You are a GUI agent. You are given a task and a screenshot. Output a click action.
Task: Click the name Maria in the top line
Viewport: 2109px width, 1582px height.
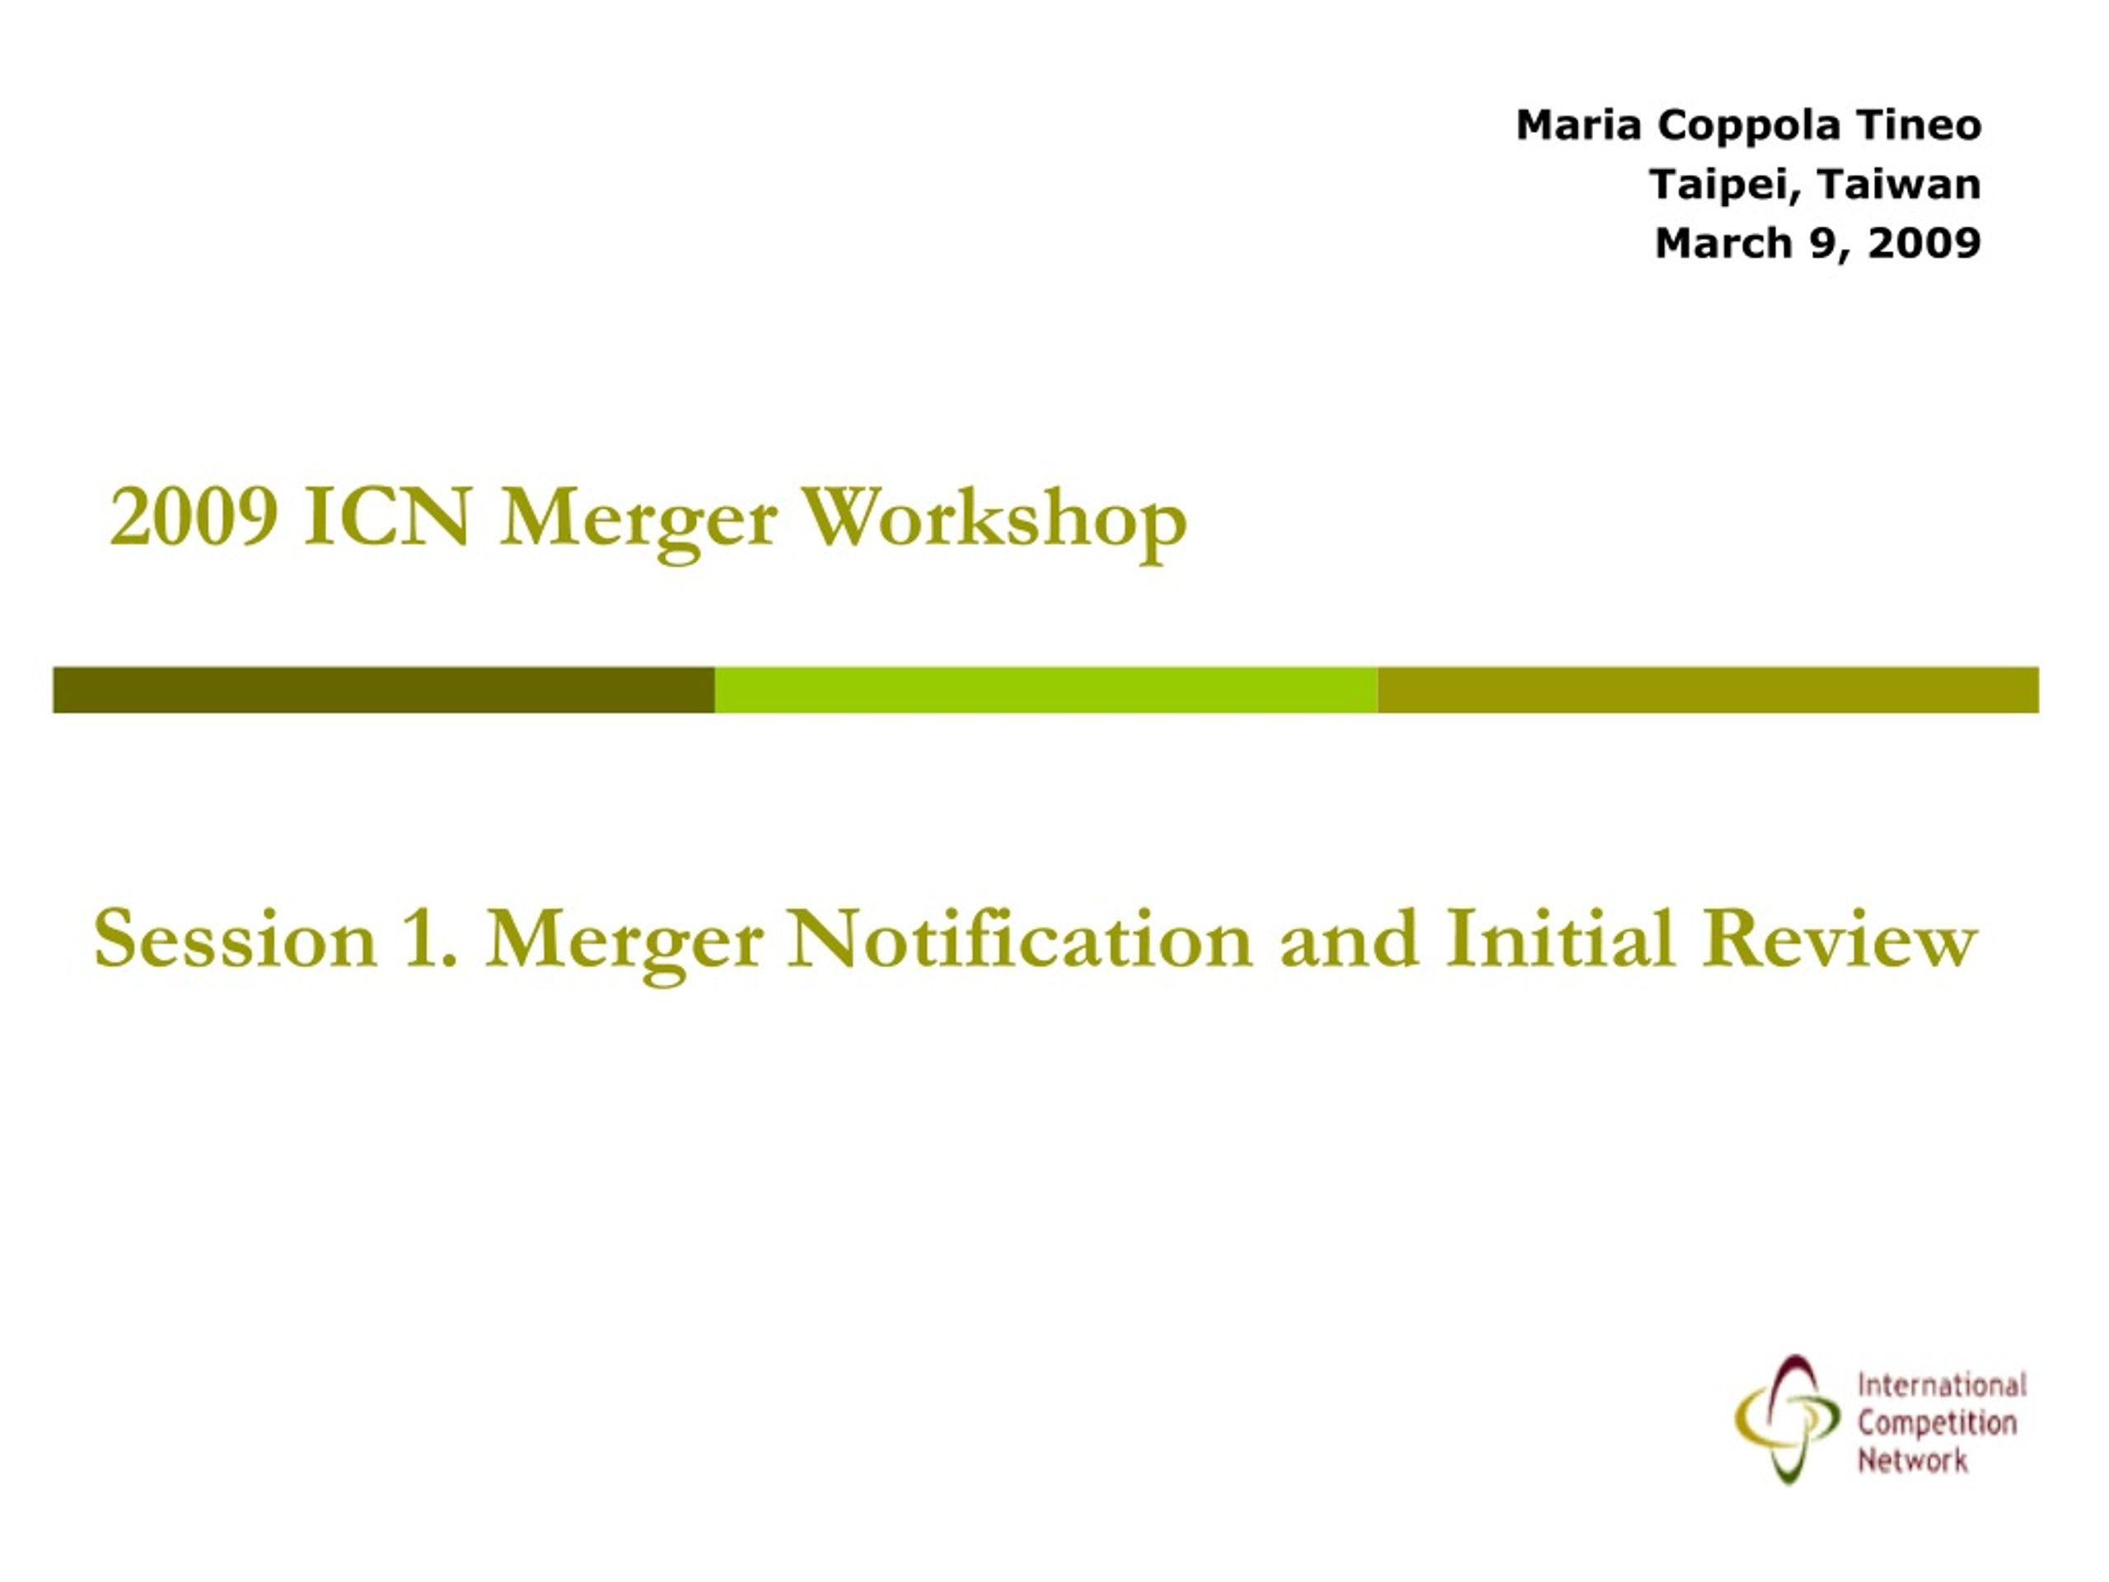1578,125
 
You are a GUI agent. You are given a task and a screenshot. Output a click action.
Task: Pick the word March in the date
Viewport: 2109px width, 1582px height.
1723,243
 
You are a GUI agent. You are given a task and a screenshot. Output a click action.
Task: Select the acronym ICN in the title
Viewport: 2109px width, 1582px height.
388,517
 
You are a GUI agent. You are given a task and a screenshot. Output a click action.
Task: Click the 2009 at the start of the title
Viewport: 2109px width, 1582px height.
194,517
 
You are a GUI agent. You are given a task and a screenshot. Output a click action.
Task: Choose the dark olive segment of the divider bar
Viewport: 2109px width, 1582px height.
383,690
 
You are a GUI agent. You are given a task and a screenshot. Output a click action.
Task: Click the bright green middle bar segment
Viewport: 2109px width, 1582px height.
1046,690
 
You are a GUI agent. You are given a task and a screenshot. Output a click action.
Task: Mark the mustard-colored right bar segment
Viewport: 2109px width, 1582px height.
1709,690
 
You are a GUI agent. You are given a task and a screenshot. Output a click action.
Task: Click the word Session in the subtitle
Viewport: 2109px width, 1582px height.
236,939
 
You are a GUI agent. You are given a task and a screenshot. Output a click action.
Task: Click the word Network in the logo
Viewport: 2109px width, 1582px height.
1911,1460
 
